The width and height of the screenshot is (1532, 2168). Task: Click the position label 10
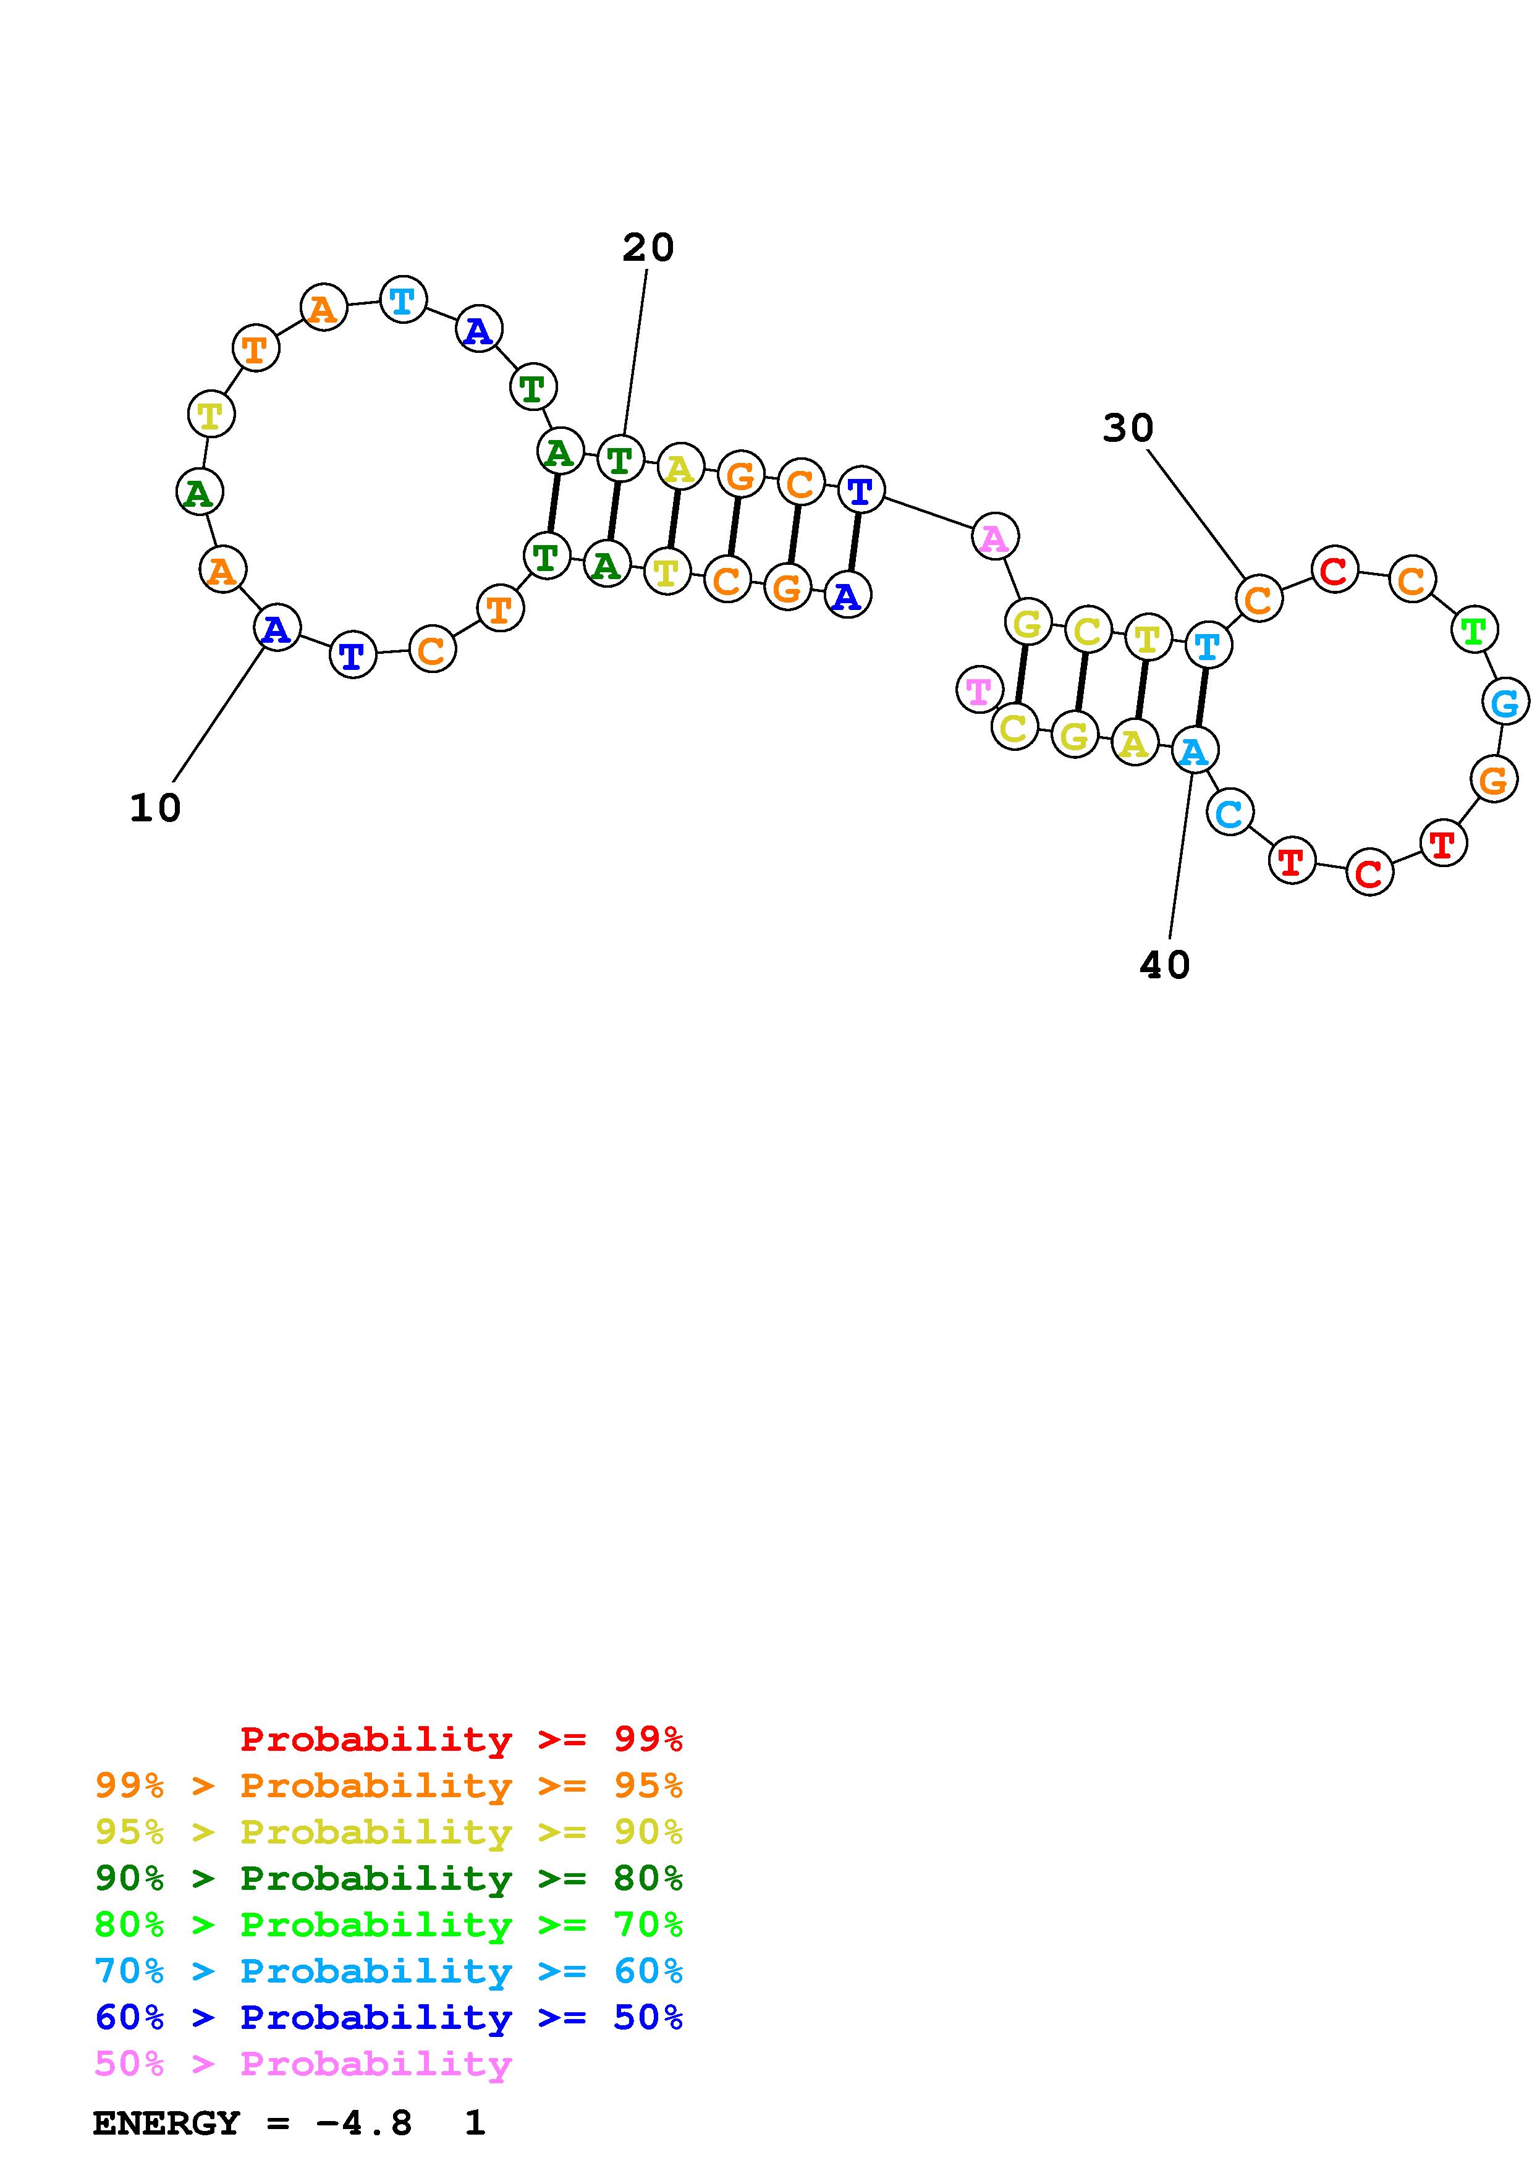coord(154,808)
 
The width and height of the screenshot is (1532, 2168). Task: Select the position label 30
coord(1128,429)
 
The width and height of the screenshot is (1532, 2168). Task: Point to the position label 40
coord(1165,965)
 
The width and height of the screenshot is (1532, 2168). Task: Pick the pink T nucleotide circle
coord(980,690)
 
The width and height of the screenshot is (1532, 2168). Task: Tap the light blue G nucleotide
coord(1505,703)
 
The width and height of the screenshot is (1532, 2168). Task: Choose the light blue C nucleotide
coord(1230,811)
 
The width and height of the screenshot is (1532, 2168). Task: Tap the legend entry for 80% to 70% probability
coord(389,1925)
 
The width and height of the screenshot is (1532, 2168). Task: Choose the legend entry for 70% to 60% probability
coord(389,1971)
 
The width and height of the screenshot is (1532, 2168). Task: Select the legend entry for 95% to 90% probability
coord(389,1832)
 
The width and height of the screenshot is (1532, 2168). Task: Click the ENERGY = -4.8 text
coord(252,2124)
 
